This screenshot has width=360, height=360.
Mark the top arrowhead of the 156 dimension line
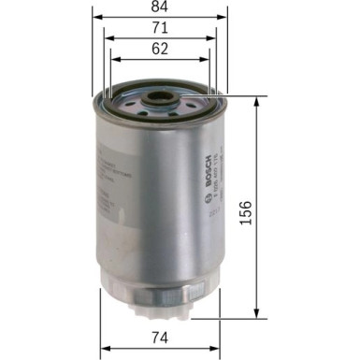pyautogui.click(x=255, y=97)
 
